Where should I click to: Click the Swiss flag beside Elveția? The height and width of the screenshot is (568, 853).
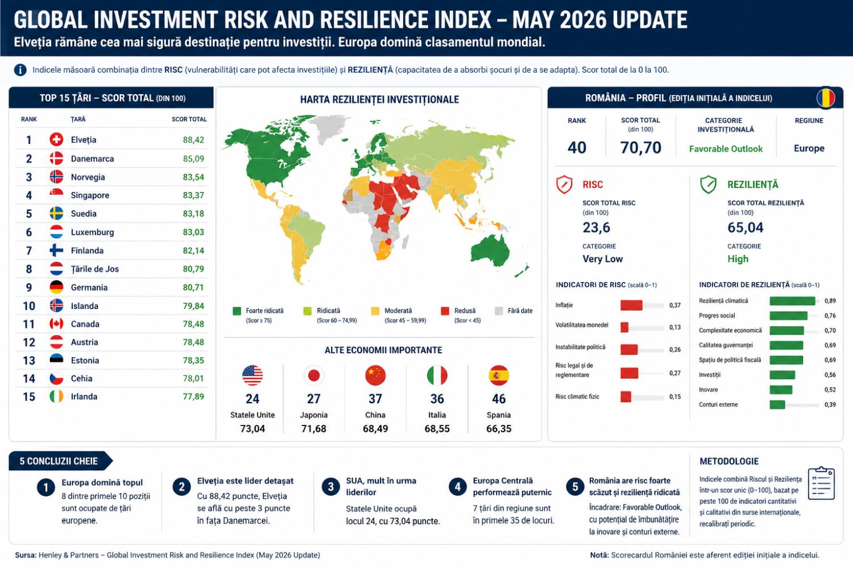[x=56, y=139]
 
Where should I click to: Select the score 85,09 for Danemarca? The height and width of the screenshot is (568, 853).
[x=193, y=158]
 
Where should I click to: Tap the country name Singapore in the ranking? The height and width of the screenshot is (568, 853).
[x=90, y=195]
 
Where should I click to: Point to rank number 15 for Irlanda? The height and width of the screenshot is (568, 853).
[x=29, y=397]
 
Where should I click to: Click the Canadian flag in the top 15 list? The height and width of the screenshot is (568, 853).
[x=56, y=324]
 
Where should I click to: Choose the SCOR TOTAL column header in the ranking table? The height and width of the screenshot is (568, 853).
[x=189, y=119]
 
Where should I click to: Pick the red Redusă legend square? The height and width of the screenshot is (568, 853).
[x=445, y=311]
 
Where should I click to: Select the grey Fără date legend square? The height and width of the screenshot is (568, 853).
[x=499, y=311]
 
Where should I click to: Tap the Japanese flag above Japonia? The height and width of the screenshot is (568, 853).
[x=314, y=375]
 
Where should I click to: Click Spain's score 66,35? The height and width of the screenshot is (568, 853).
[x=499, y=429]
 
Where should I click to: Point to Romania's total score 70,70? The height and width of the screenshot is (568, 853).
[x=640, y=148]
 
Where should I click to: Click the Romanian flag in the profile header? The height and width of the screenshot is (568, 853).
[x=826, y=98]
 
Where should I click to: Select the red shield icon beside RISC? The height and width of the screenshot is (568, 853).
[x=564, y=185]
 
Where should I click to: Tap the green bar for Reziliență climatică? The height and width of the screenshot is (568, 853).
[x=793, y=301]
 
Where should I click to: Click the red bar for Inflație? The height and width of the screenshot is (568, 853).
[x=631, y=305]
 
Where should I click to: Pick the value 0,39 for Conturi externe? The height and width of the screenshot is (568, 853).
[x=830, y=405]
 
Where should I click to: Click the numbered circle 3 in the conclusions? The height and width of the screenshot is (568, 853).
[x=330, y=487]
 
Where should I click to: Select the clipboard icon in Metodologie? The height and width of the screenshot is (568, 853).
[x=821, y=483]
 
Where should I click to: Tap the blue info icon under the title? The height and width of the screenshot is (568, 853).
[x=20, y=70]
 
